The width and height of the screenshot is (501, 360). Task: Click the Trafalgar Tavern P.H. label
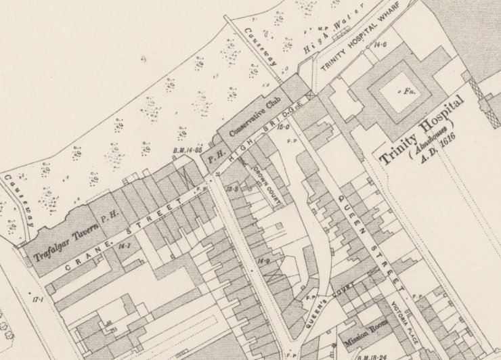[76, 233]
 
